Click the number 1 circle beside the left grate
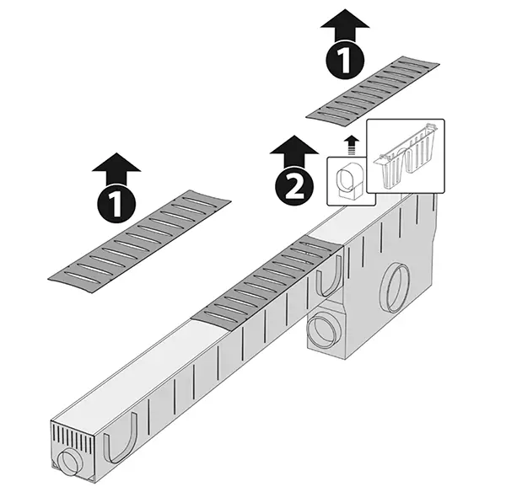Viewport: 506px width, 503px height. [116, 204]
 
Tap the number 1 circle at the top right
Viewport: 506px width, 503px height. [345, 60]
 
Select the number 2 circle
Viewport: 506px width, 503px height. [294, 186]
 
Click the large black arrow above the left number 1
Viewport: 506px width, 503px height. [116, 169]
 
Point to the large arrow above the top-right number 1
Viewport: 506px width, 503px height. [345, 25]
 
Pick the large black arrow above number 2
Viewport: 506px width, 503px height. [294, 152]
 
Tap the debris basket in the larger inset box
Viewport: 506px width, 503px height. [406, 157]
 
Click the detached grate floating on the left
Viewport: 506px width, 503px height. [139, 241]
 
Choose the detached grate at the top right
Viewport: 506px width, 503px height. [373, 91]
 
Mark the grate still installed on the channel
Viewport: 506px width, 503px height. [266, 282]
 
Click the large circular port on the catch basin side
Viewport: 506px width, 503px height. [395, 288]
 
